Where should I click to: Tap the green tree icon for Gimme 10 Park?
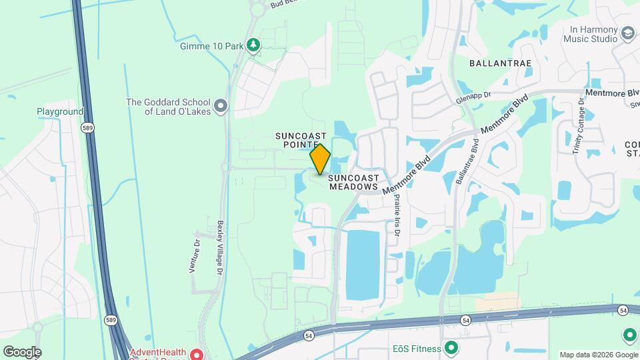pos(253,45)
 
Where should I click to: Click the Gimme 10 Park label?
pos(211,46)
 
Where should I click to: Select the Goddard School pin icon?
pos(221,105)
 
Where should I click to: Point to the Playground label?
pos(60,112)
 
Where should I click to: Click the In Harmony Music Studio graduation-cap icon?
pos(627,33)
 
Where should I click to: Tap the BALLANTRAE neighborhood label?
pos(500,63)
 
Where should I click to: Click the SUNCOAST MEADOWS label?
pos(354,183)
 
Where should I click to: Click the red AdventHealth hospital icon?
pos(197,353)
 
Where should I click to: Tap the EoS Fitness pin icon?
pos(451,348)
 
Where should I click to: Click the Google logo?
pos(22,351)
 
